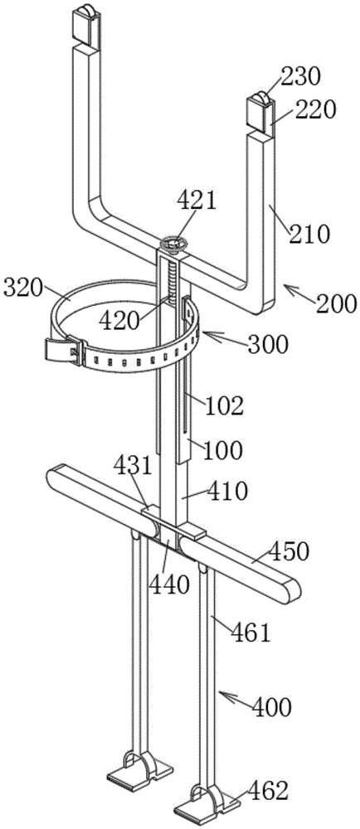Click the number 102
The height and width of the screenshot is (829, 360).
pos(225,406)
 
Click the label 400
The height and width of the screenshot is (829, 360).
pos(271,706)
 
